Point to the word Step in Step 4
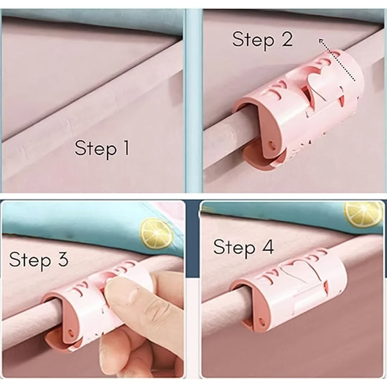(234, 247)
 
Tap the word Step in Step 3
(30, 260)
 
